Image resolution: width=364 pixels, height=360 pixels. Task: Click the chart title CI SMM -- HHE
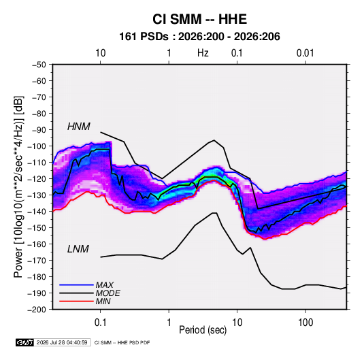click(x=199, y=19)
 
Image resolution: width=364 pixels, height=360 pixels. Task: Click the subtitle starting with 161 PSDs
click(x=199, y=37)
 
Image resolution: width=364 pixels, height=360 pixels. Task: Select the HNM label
click(x=79, y=127)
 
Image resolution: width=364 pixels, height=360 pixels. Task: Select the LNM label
click(x=78, y=249)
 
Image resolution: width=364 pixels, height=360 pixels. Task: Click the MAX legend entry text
click(x=105, y=284)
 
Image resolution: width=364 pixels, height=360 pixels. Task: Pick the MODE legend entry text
click(x=107, y=293)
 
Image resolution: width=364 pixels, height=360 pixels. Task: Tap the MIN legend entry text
click(x=103, y=301)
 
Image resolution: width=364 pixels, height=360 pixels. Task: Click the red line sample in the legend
click(x=76, y=301)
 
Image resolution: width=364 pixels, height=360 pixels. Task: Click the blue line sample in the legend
click(x=76, y=284)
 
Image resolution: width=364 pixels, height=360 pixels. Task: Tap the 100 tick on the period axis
click(x=305, y=323)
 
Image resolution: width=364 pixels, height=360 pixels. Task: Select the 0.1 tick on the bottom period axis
click(x=100, y=323)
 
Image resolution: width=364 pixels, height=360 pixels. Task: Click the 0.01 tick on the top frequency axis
click(x=305, y=53)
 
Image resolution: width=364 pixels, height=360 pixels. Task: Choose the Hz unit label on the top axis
click(x=203, y=53)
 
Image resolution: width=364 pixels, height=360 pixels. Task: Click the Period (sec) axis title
click(x=203, y=330)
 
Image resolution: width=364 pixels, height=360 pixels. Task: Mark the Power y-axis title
click(x=19, y=187)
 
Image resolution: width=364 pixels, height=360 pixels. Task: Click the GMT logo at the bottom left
click(x=25, y=342)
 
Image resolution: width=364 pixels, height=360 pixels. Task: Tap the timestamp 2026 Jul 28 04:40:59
click(x=62, y=342)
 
